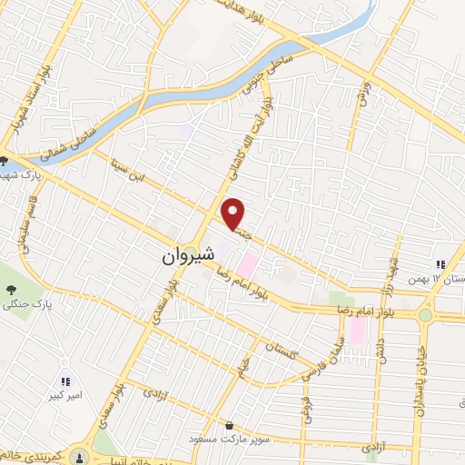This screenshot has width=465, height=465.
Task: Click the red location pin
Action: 234,213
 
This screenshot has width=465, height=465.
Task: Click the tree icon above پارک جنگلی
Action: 10,290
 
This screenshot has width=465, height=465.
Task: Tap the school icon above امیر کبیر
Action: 64,382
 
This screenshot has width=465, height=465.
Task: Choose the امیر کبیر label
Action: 64,397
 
